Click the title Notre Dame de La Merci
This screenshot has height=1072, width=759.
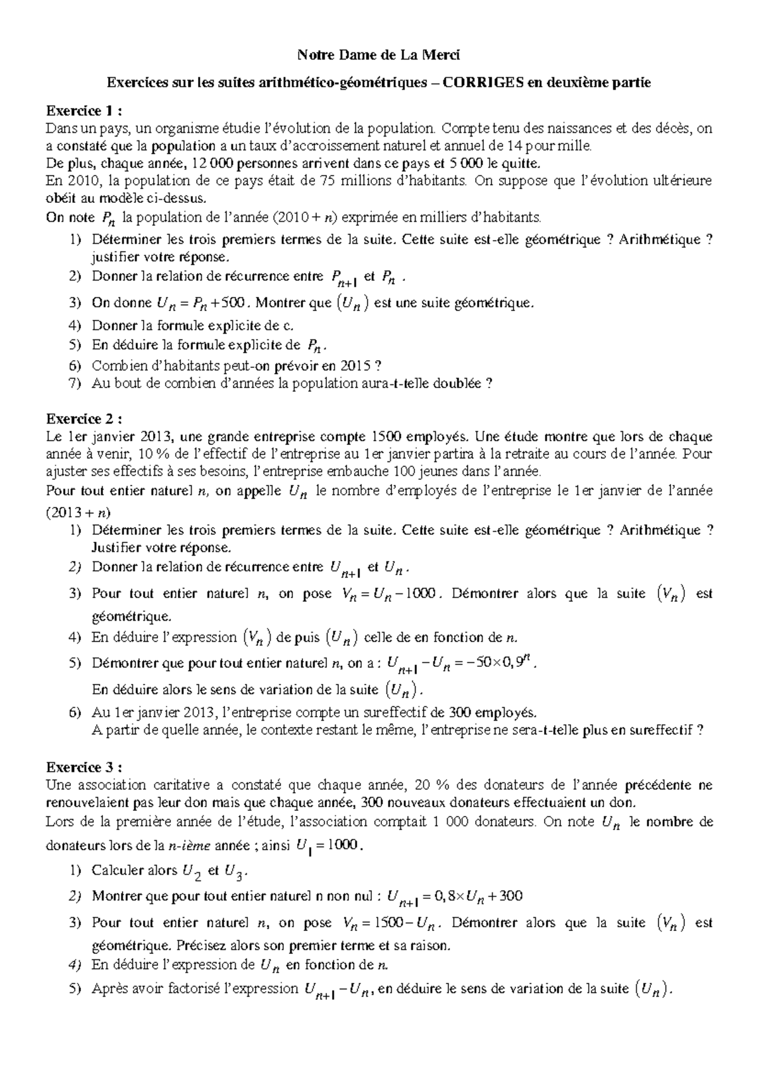379,56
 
